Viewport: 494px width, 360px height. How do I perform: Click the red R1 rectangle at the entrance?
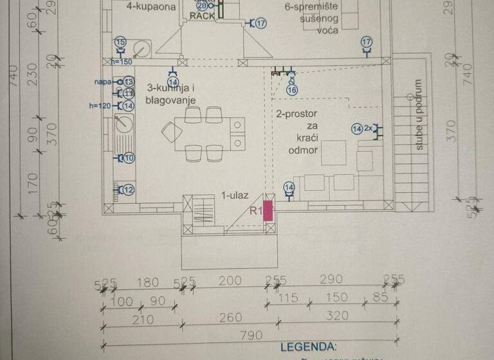[x=269, y=212]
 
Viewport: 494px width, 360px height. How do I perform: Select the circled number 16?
[x=291, y=91]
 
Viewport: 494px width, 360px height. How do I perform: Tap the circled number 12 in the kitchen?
[x=128, y=190]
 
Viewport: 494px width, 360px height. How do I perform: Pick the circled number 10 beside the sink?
[x=128, y=157]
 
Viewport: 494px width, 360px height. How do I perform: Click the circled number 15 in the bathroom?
[x=120, y=42]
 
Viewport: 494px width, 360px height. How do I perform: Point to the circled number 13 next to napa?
[x=128, y=82]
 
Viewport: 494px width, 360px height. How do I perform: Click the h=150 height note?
[x=121, y=62]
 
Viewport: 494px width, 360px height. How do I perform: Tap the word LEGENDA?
[x=308, y=347]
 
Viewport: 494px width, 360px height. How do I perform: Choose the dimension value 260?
[x=230, y=318]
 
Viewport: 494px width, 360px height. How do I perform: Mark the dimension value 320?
[x=336, y=316]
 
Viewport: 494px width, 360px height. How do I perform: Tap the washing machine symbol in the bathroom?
[x=140, y=48]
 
